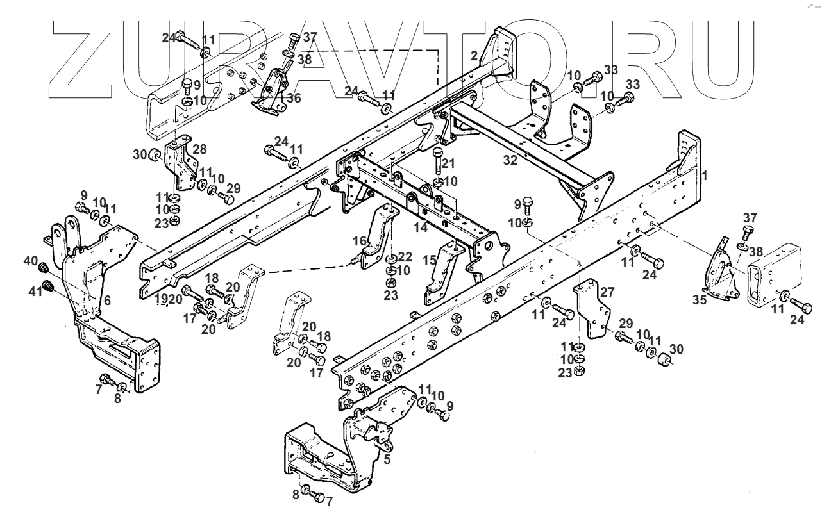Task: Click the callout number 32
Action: [510, 161]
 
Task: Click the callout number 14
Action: [421, 226]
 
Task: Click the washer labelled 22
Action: [390, 259]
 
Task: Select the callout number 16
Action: [360, 241]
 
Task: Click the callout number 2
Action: [474, 56]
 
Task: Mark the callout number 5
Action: [387, 459]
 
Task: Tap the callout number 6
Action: [106, 300]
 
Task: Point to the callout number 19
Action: [159, 299]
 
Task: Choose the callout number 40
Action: [30, 261]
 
